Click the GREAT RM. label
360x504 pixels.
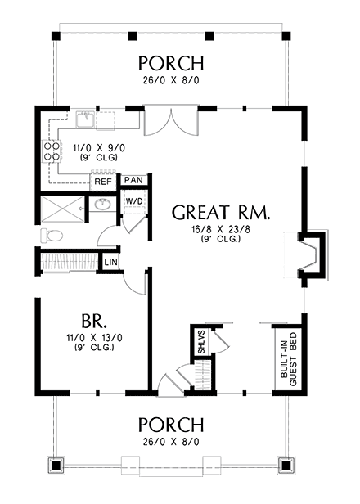point(221,213)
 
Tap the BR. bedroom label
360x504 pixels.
point(93,321)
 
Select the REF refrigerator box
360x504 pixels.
point(103,182)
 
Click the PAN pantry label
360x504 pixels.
point(133,180)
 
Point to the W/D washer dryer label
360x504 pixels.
point(134,201)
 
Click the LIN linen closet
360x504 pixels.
point(111,263)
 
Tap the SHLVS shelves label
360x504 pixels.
point(201,342)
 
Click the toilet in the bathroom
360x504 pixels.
point(50,236)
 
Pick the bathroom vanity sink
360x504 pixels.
point(103,204)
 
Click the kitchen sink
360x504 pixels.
point(85,119)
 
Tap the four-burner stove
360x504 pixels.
point(52,151)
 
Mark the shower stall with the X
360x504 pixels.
point(63,209)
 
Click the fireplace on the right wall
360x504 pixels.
point(313,254)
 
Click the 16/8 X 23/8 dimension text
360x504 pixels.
point(221,229)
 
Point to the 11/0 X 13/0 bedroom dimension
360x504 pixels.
point(94,338)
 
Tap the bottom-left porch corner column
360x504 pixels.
point(56,465)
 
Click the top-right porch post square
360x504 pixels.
point(286,36)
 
